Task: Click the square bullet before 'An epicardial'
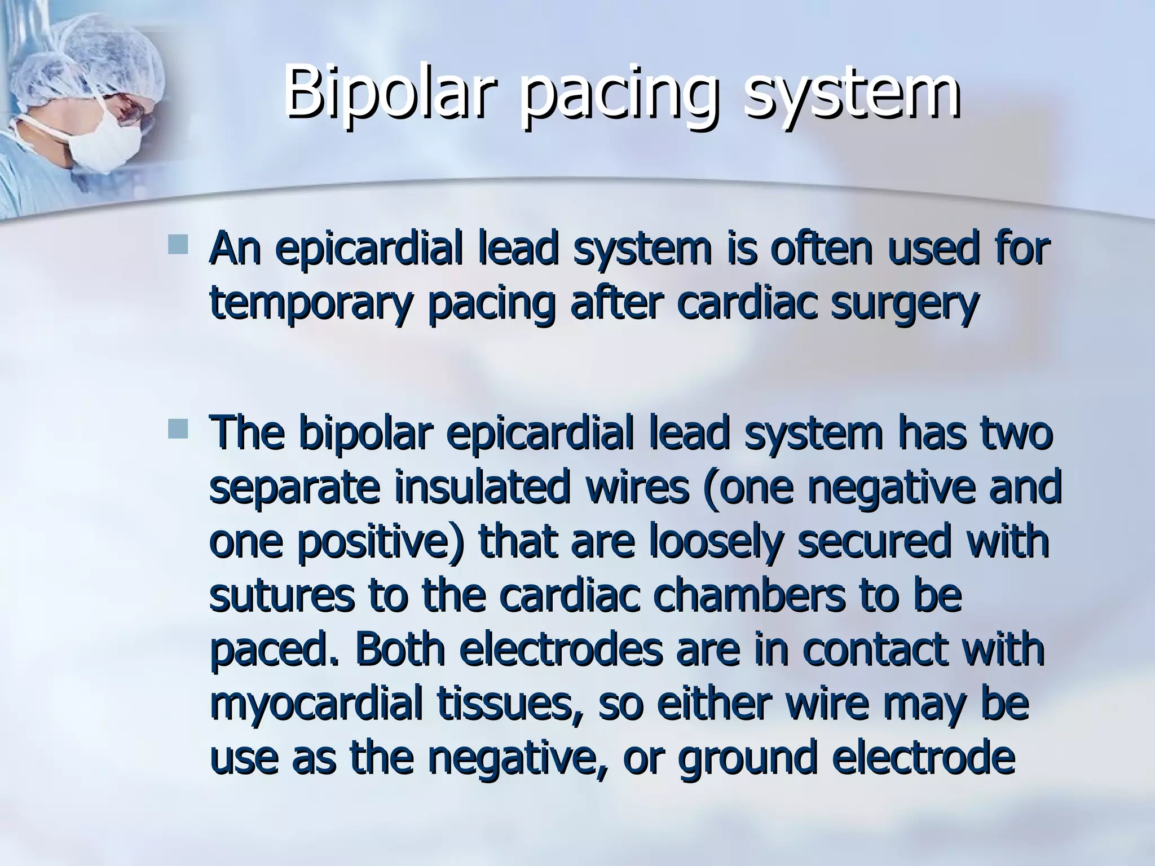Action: [x=178, y=243]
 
